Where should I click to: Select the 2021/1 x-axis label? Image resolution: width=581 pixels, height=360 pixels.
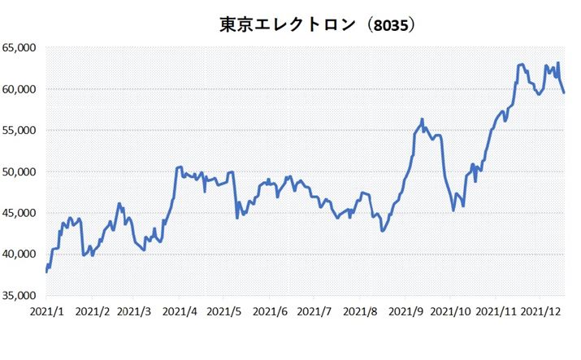coord(46,311)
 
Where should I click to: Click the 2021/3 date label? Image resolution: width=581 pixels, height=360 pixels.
coord(134,311)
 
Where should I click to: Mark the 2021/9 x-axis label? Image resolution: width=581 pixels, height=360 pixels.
coord(405,311)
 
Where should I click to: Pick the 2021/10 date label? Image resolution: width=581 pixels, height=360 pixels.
coord(451,311)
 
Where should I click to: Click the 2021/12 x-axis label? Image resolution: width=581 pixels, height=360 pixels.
coord(542,311)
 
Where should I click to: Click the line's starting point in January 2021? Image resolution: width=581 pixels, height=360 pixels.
coord(46,271)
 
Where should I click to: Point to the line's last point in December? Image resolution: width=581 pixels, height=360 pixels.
coord(564,93)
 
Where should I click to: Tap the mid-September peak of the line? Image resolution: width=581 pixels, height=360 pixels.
coord(422,119)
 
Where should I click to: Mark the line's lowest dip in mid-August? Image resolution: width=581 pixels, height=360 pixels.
coord(382,231)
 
